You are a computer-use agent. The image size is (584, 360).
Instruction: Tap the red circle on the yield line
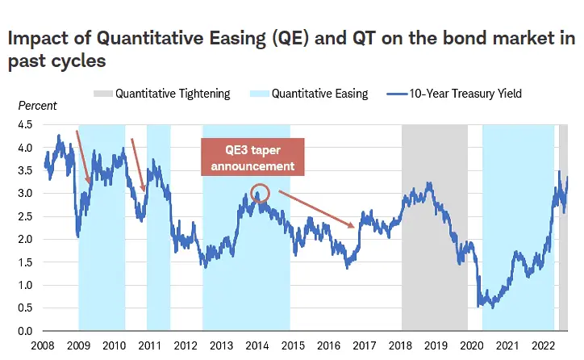(x=259, y=194)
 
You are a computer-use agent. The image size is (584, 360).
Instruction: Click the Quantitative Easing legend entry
(x=311, y=94)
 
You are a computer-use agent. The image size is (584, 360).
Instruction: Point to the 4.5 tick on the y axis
(x=25, y=125)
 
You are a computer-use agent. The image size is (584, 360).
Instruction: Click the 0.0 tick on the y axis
(x=25, y=332)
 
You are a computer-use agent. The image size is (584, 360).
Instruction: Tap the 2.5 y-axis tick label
(x=25, y=217)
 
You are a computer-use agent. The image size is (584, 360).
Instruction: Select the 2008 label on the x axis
(x=43, y=345)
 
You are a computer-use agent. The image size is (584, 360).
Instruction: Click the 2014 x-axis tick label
(x=257, y=345)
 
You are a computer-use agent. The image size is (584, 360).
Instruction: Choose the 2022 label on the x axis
(x=541, y=345)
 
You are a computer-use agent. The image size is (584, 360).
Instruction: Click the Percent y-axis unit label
(x=37, y=106)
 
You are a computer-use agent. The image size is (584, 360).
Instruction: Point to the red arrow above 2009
(x=83, y=157)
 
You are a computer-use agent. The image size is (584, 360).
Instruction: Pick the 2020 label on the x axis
(x=470, y=345)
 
